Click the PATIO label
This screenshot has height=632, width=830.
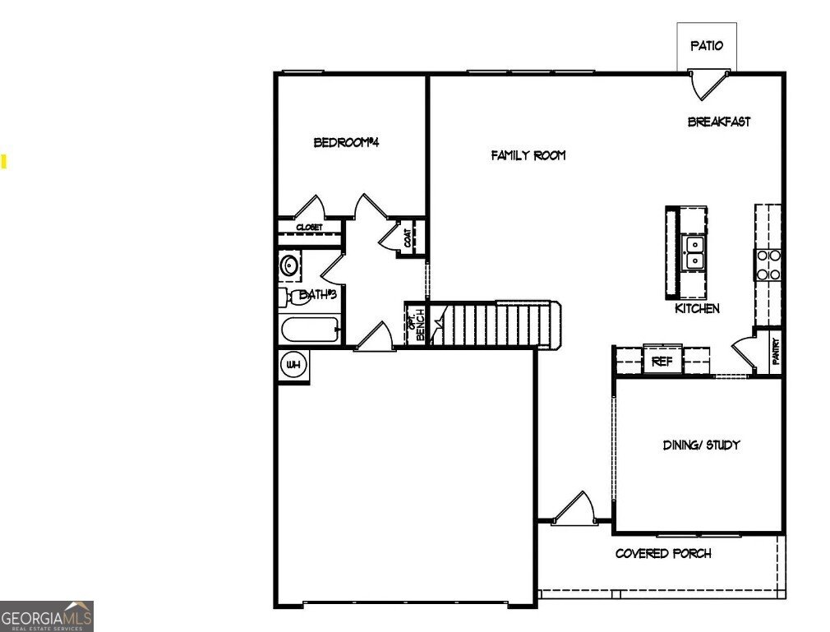(707, 46)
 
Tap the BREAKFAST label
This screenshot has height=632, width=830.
(719, 122)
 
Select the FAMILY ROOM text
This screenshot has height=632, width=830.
(528, 155)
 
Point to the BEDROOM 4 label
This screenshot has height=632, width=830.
(346, 142)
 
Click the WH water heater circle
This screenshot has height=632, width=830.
(293, 364)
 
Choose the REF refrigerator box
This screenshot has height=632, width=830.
(662, 361)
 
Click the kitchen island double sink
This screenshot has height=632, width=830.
(695, 252)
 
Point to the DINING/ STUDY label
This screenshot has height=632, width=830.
(702, 445)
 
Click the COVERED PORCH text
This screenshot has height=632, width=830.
(663, 554)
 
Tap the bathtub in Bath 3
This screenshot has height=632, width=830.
(311, 331)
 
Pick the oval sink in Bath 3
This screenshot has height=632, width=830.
(289, 265)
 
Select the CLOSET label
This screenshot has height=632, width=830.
(309, 227)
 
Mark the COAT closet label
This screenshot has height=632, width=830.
(408, 238)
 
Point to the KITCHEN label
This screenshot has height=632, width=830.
(697, 308)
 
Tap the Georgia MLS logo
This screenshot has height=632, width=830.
(47, 616)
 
